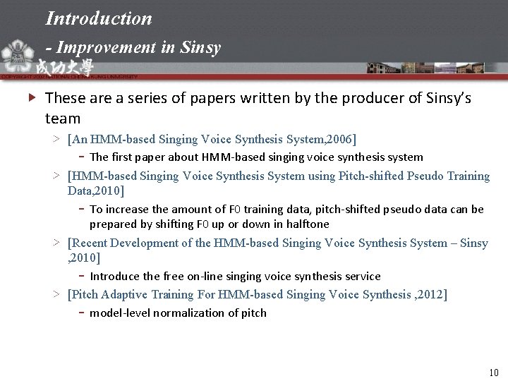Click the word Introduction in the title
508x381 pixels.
(x=99, y=18)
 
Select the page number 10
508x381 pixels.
(x=492, y=372)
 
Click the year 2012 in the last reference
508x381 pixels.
(x=430, y=294)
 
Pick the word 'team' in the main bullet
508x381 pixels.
(x=63, y=118)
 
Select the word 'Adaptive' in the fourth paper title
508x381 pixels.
(x=125, y=294)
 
